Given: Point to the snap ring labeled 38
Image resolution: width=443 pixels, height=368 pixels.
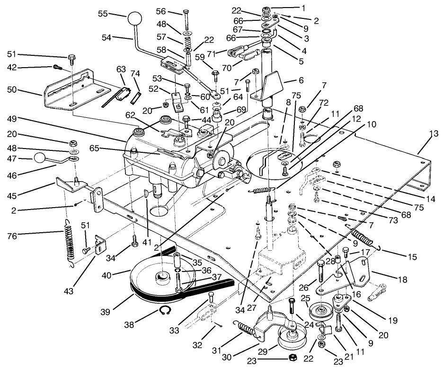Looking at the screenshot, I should [164, 311].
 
